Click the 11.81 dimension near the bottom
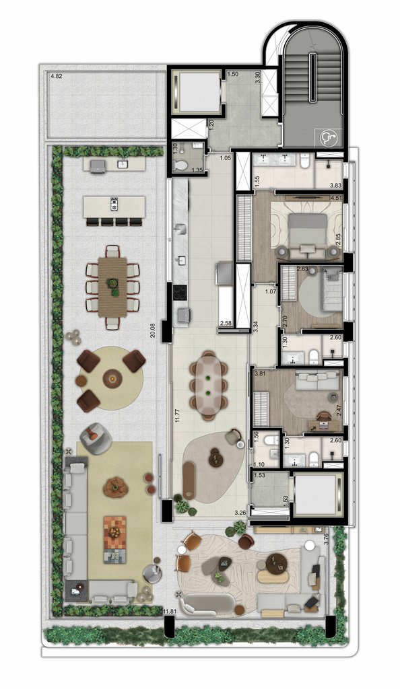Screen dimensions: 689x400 coord(173,612)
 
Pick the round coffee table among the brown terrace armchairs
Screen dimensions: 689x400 coord(112,379)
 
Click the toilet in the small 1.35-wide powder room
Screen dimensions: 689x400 coord(180,165)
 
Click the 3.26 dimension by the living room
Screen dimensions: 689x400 coord(240,513)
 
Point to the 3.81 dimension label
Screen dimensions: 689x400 coord(260,373)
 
